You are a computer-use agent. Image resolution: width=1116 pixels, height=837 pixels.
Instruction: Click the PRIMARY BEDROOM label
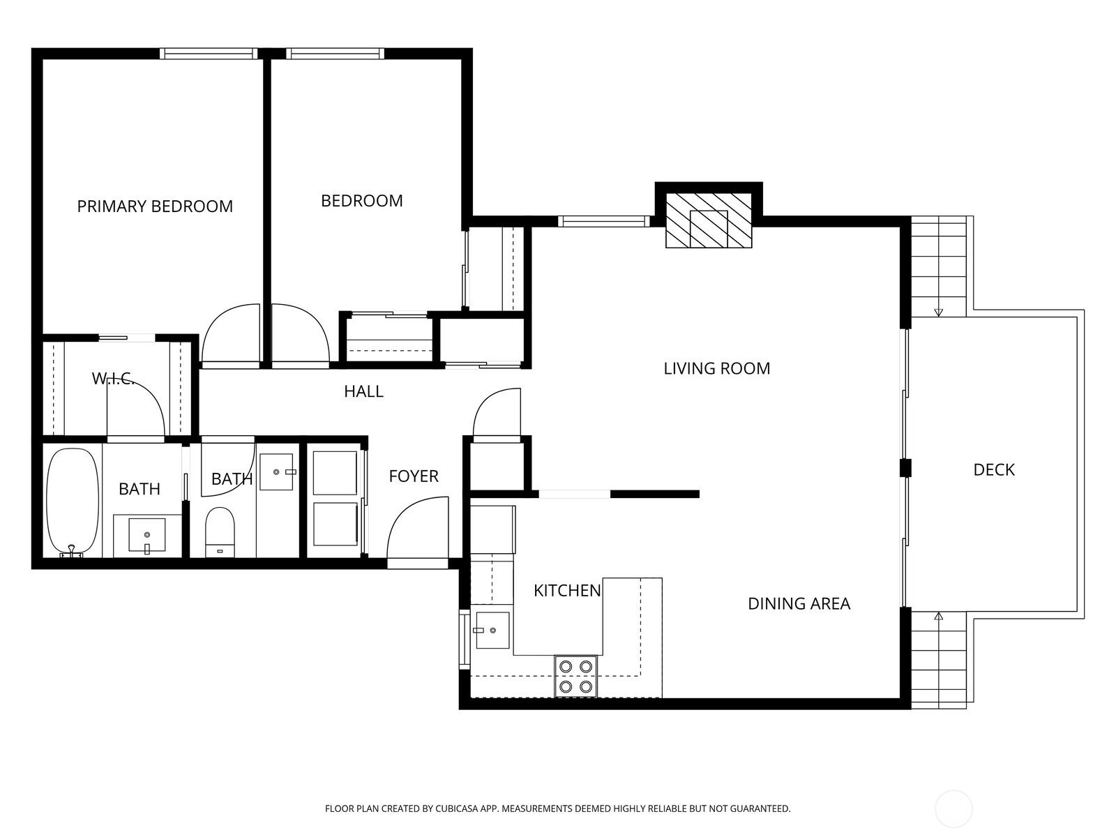(x=155, y=206)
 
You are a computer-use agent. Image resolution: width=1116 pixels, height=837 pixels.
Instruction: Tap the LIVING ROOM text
(x=717, y=368)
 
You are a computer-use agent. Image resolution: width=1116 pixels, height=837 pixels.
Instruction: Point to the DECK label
(x=994, y=470)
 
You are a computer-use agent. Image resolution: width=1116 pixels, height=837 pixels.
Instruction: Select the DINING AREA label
(x=799, y=604)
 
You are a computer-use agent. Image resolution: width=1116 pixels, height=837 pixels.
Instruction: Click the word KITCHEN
(x=567, y=591)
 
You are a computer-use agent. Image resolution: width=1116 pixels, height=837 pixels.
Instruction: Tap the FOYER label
(x=414, y=476)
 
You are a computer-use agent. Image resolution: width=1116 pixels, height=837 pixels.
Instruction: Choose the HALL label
(x=363, y=391)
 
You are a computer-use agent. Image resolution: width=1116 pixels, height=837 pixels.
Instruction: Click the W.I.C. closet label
(x=113, y=379)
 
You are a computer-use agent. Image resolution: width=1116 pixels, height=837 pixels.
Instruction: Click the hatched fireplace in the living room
(x=709, y=220)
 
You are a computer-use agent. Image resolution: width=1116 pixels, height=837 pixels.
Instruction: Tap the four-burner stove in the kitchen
(x=575, y=677)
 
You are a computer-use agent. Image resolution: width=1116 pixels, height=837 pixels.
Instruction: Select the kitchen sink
(x=492, y=630)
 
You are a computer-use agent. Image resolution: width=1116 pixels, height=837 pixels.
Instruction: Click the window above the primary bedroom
(x=209, y=54)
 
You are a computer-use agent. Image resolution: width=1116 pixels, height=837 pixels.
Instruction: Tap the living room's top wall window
(x=604, y=222)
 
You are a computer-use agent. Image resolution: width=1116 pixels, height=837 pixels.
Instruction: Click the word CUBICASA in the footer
(x=457, y=808)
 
